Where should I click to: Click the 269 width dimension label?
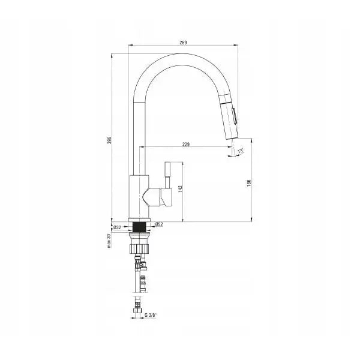(183, 43)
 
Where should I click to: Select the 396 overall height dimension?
(110, 140)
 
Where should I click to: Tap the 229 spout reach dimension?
(186, 144)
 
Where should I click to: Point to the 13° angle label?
(241, 151)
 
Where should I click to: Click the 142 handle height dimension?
(180, 188)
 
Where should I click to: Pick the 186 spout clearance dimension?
(249, 183)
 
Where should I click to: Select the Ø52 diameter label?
(159, 224)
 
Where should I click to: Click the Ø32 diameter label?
(118, 227)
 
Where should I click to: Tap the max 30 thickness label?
(109, 241)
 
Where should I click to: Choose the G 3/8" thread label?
(151, 315)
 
